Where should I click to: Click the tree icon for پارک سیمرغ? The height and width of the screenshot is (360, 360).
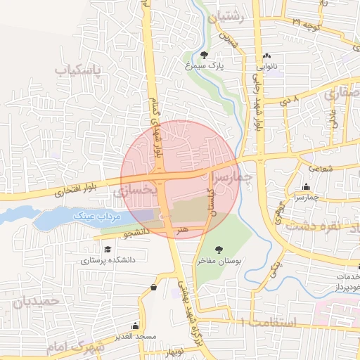(x=204, y=55)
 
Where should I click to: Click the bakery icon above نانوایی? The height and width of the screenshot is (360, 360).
(x=266, y=57)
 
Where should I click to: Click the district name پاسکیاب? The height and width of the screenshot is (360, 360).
(x=79, y=70)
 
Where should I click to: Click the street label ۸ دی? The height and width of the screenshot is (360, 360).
(x=290, y=102)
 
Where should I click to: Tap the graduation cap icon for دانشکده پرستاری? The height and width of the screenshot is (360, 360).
(x=107, y=249)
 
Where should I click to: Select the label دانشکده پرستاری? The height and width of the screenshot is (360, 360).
(x=107, y=259)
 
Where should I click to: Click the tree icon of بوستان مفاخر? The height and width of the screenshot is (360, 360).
(x=219, y=250)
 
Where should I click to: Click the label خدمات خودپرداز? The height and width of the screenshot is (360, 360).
(x=345, y=283)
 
